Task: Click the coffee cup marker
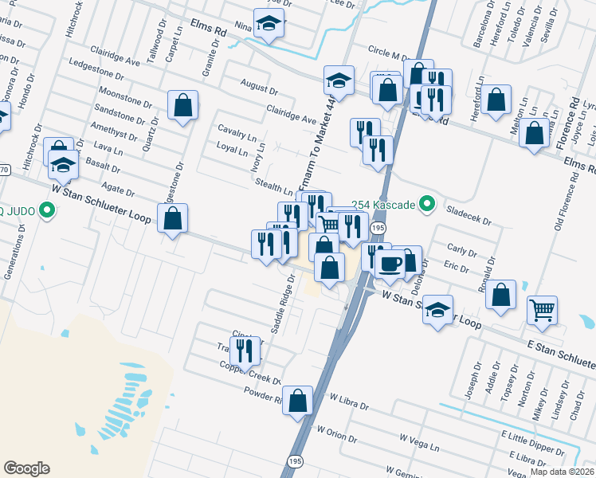[390, 264]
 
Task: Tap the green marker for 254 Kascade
[426, 205]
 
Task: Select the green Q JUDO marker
[47, 211]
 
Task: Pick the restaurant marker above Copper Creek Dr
[245, 350]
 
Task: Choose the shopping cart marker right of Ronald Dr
[542, 309]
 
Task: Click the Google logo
[26, 468]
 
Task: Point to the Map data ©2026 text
[562, 472]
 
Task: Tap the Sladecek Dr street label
[469, 214]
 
